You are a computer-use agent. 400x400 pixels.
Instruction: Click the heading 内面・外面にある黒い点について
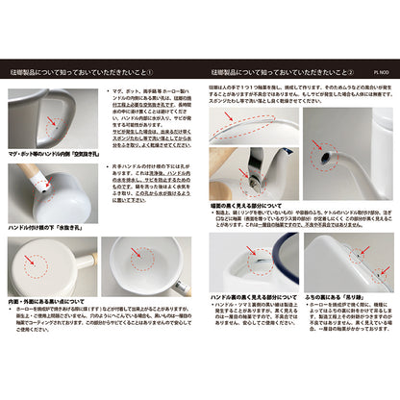click(x=59, y=299)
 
